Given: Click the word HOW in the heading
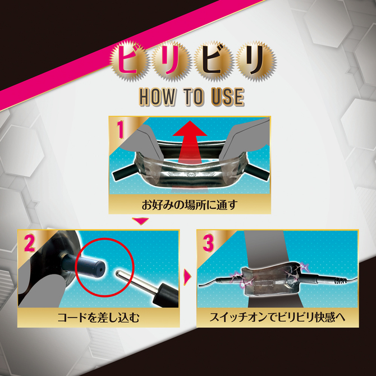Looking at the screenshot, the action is tap(157, 97).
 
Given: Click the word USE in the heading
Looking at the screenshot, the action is tap(228, 97).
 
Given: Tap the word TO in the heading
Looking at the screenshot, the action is tap(193, 97).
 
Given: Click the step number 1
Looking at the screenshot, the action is tap(121, 130).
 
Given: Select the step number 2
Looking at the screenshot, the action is tap(30, 243).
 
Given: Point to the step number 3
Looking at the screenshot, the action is tap(208, 243).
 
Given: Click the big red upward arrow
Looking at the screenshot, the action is tap(190, 144).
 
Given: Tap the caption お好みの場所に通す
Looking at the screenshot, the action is tap(190, 205).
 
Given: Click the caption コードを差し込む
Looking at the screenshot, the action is tap(99, 318).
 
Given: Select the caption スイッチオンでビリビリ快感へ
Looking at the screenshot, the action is tap(277, 317).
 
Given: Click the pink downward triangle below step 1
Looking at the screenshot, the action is tap(140, 221).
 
